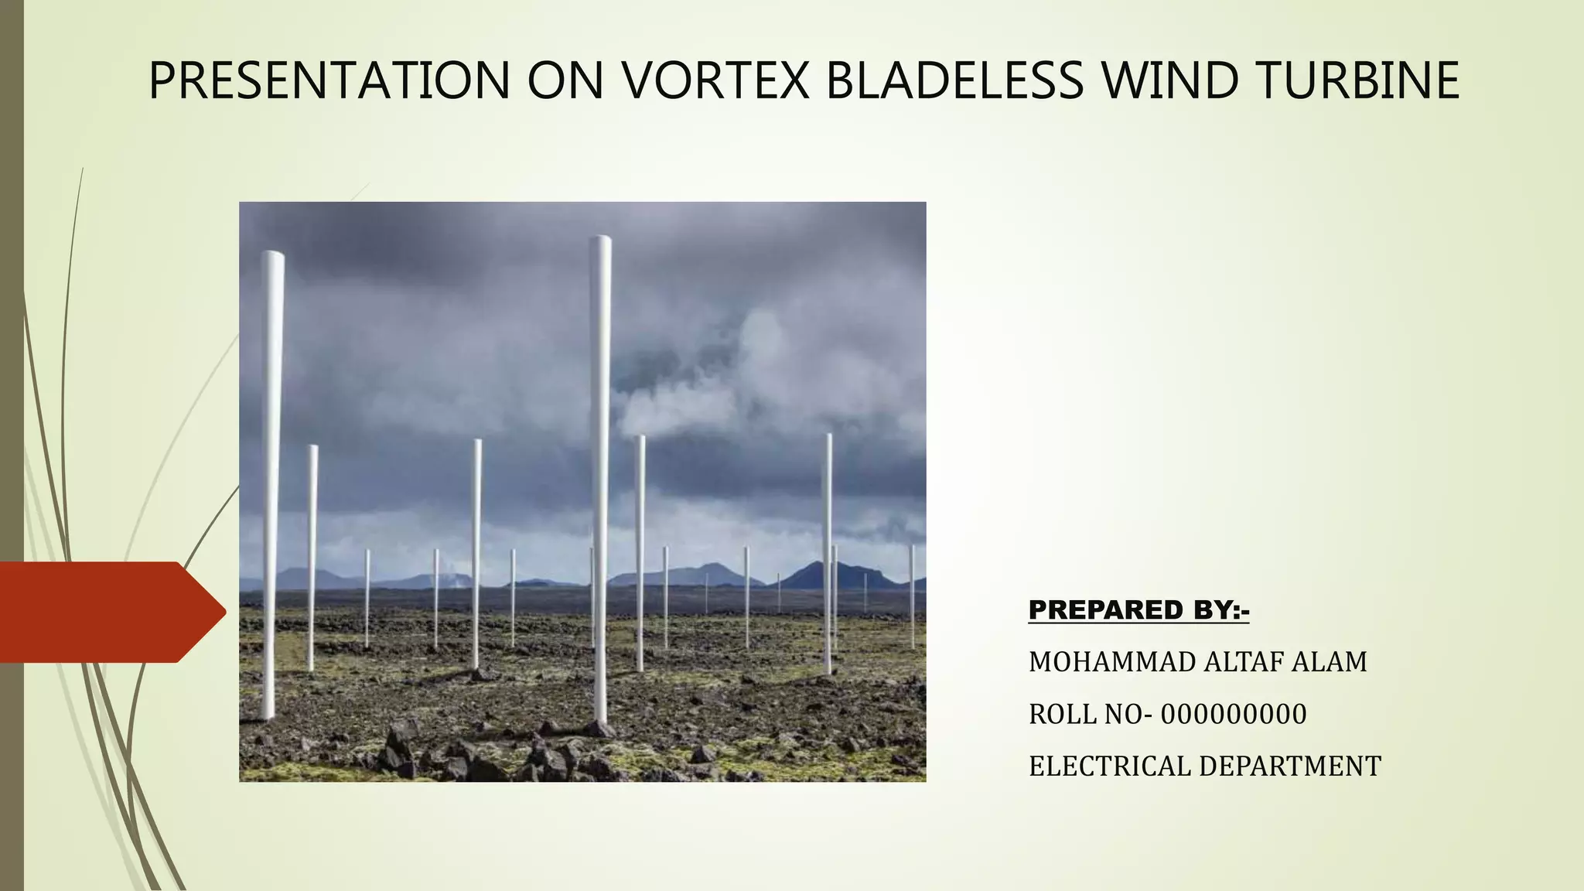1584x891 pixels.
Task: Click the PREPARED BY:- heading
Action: coord(1138,610)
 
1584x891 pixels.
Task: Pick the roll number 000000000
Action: coord(1234,714)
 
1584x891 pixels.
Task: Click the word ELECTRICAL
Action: coord(1110,766)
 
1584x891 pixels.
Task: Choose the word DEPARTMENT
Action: coord(1290,766)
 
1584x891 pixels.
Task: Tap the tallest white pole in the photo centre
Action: coord(600,480)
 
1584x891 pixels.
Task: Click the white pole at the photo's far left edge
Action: coord(271,480)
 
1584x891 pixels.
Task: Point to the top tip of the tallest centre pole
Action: coord(600,240)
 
